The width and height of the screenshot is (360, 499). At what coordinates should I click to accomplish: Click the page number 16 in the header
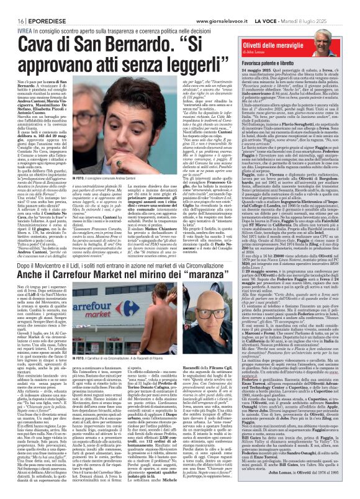point(12,5)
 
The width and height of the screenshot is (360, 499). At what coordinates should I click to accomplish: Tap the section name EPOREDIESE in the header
point(36,5)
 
